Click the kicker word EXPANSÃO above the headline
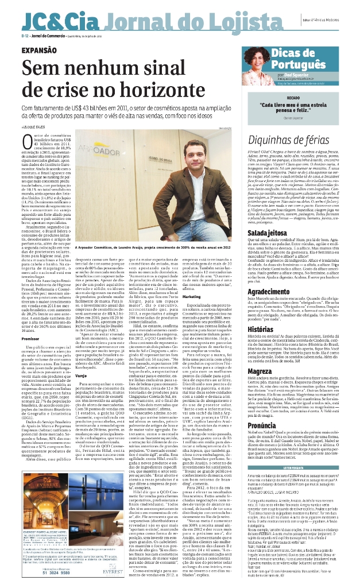coord(44,50)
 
